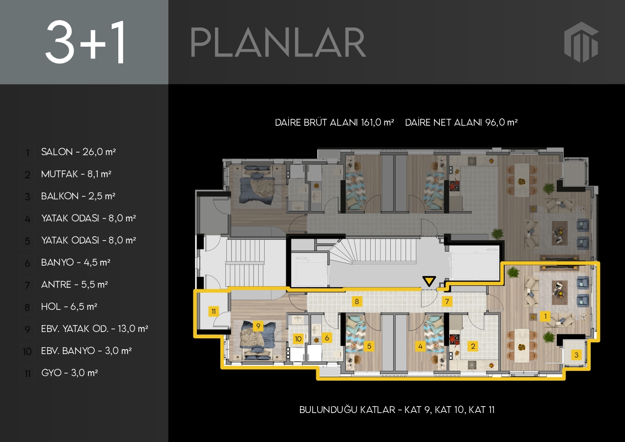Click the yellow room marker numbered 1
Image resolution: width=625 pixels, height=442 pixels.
[x=545, y=316]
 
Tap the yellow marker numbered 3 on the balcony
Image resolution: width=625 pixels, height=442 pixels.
[x=576, y=355]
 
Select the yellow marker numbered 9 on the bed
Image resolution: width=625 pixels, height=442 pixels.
[x=258, y=326]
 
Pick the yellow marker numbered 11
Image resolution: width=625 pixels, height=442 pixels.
[x=214, y=311]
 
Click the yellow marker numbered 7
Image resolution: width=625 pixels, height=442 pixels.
[x=447, y=302]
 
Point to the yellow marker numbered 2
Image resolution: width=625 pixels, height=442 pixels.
[x=473, y=346]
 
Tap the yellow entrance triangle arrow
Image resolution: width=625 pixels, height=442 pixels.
[x=429, y=281]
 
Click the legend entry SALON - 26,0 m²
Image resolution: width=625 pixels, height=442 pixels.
[x=79, y=152]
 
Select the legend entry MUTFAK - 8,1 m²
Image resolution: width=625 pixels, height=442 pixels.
[x=76, y=174]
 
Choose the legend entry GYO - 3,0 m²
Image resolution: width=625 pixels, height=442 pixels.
[x=70, y=373]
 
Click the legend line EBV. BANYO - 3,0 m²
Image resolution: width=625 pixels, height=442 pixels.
[x=86, y=351]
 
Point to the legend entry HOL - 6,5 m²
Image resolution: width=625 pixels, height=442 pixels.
[x=69, y=306]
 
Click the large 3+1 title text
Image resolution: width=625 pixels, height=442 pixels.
[x=85, y=42]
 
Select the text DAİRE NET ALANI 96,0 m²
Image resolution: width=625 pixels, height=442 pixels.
[x=461, y=122]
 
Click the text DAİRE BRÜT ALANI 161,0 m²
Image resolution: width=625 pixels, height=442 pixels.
[x=334, y=122]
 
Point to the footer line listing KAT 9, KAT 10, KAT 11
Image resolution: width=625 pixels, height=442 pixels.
[x=397, y=410]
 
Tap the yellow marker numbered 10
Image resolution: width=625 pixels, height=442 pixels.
[x=298, y=339]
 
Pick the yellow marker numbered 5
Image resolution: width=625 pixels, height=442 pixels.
[x=369, y=346]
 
